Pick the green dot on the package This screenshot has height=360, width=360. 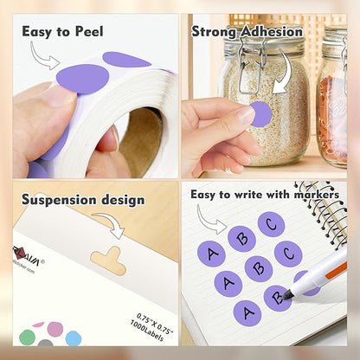click(x=28, y=337)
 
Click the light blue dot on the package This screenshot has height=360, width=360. click(x=74, y=338)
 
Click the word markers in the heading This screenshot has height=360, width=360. click(x=315, y=194)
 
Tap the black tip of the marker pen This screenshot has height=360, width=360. click(x=288, y=297)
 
